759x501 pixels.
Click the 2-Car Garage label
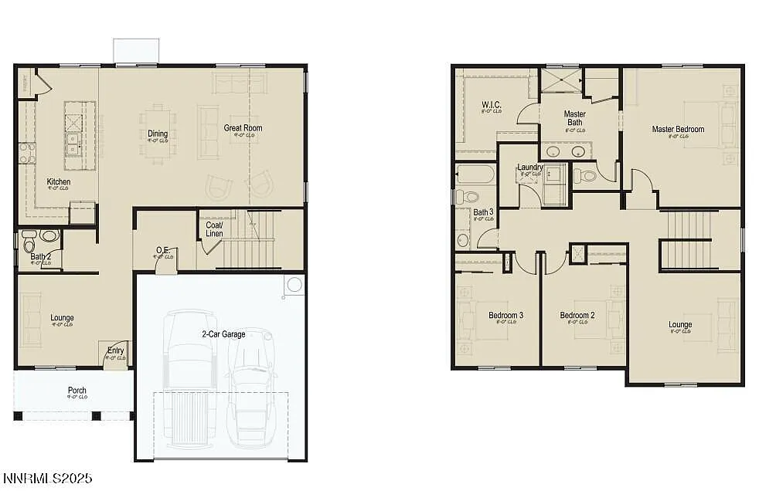pos(223,334)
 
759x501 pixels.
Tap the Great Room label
pos(243,128)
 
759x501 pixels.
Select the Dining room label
pos(158,134)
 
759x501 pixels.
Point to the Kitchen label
pos(59,182)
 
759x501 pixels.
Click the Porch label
pos(77,391)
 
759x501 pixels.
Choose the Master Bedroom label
pos(678,130)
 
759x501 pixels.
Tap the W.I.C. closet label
pos(492,105)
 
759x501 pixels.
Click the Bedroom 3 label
pos(506,315)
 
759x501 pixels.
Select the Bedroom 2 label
pos(577,315)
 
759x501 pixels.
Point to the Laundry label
pos(529,168)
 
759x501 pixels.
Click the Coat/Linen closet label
pos(214,229)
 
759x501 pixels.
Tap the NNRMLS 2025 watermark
pos(47,479)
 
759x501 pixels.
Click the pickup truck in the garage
pos(189,378)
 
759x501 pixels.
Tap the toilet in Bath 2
pos(49,235)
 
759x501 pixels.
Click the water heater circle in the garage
pos(294,286)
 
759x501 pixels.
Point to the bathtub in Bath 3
pos(475,174)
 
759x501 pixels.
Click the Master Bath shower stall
pos(560,80)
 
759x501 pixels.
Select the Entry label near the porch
pos(115,351)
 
